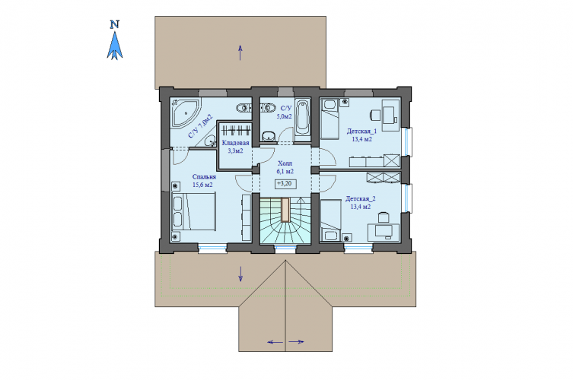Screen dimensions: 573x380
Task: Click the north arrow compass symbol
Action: point(115,40)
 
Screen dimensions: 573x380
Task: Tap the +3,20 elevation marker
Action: point(285,184)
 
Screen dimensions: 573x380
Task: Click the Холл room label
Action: point(285,163)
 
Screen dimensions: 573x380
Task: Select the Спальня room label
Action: point(204,176)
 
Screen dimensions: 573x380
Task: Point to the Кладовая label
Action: point(235,143)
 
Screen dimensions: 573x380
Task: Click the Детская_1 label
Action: point(361,131)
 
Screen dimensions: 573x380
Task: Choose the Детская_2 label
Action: point(361,199)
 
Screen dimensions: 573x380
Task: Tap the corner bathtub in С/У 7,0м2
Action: point(185,112)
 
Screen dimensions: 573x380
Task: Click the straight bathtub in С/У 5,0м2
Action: point(303,118)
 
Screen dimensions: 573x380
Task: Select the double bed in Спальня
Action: point(194,212)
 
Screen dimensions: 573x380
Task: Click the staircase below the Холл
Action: point(285,220)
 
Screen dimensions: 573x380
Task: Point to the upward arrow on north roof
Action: point(240,52)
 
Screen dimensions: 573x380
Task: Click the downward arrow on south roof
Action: point(240,274)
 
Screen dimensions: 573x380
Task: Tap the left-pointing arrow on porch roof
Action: point(275,342)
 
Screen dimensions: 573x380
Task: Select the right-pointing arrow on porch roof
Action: point(296,342)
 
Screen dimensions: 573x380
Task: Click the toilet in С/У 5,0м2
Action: point(269,136)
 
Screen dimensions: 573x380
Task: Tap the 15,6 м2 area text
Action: point(202,185)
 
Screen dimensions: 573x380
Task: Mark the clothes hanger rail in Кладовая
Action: point(236,130)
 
